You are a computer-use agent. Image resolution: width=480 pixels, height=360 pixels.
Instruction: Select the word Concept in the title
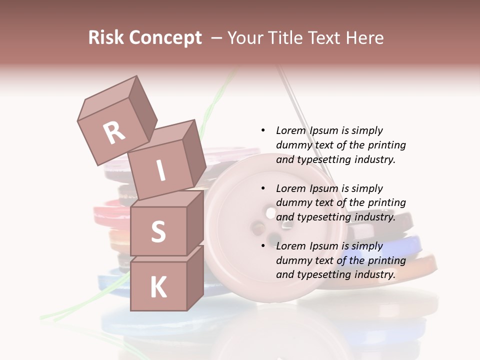(166, 38)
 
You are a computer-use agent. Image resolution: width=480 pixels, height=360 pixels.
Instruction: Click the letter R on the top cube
(114, 132)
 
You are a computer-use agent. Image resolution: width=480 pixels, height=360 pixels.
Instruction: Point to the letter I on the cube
(161, 171)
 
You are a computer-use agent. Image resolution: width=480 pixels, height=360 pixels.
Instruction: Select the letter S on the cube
(158, 232)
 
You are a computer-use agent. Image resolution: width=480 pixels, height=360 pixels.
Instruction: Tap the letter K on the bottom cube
(158, 287)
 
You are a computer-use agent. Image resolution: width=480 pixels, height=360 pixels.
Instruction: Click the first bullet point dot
(263, 130)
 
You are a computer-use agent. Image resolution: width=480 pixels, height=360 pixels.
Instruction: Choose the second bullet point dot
(263, 188)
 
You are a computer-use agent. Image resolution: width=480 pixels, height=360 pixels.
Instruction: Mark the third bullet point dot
(263, 246)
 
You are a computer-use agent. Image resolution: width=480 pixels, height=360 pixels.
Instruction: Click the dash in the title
(216, 38)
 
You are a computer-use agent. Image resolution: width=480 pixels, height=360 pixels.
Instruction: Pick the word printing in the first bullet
(386, 145)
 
